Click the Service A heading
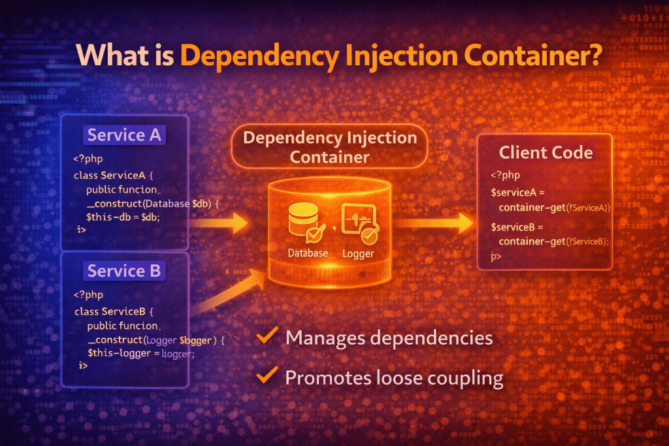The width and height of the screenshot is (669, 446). point(124,135)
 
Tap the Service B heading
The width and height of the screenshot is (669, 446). point(124,271)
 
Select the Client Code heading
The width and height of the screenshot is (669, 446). point(546,153)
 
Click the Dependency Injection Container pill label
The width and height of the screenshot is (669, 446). point(329,147)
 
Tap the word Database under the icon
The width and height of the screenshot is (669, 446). point(308,253)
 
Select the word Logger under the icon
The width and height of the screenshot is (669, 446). point(358,253)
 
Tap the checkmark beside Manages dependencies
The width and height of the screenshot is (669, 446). point(265,337)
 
